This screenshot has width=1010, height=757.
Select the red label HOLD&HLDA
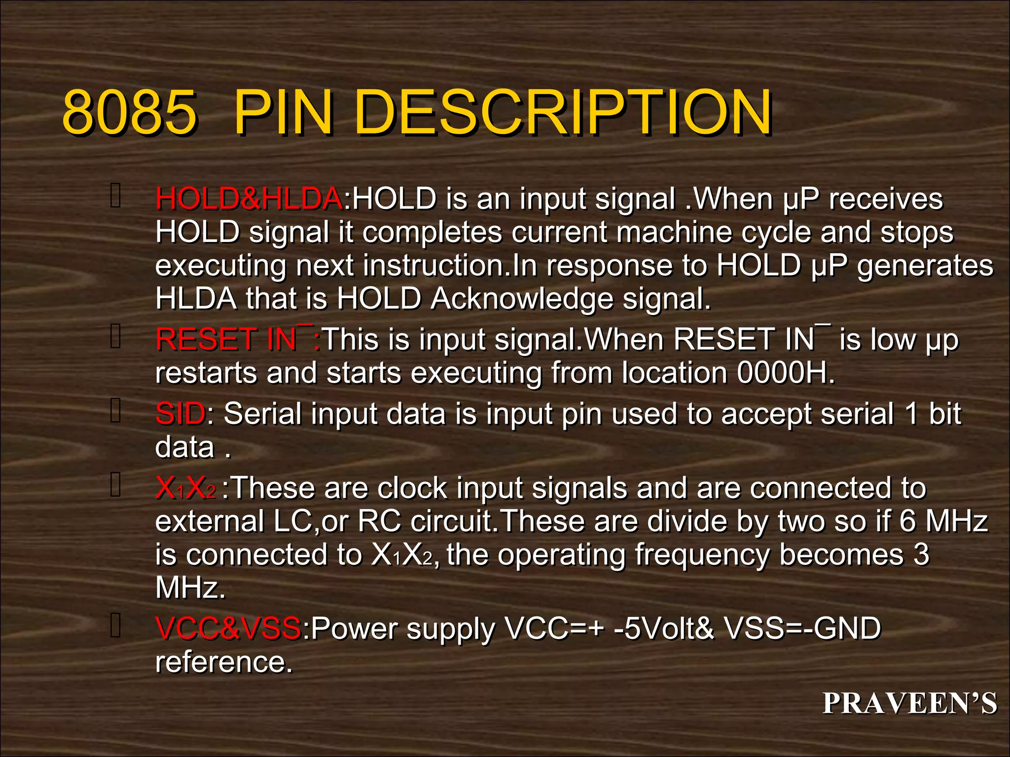click(x=249, y=199)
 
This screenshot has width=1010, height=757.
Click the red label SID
click(x=180, y=413)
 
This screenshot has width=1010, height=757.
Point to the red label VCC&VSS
click(x=228, y=629)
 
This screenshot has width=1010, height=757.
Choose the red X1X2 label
click(x=185, y=488)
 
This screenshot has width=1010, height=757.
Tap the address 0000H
click(x=786, y=373)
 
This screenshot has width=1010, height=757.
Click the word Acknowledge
click(x=522, y=299)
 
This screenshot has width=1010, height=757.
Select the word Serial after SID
click(x=262, y=413)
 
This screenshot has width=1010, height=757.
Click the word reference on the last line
click(x=224, y=662)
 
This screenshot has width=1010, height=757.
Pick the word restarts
click(x=206, y=373)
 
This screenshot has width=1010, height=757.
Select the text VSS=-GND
click(x=802, y=629)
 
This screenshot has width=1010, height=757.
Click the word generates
click(x=925, y=266)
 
